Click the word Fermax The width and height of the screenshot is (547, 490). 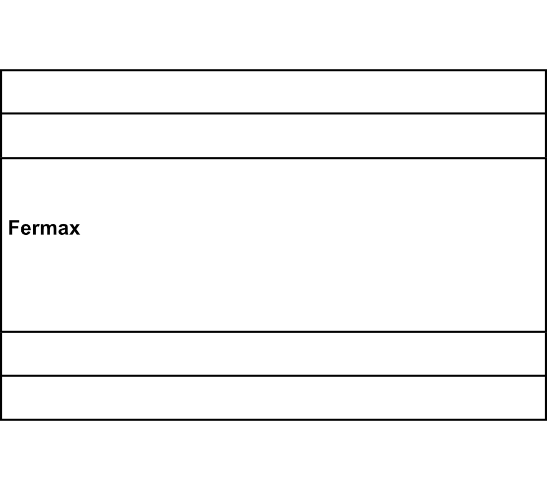point(44,228)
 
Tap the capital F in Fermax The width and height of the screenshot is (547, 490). point(13,228)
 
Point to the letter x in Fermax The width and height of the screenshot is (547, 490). point(74,230)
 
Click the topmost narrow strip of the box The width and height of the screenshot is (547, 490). point(274,92)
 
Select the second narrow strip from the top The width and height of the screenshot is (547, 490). point(274,136)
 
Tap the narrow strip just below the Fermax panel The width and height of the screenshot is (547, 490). point(274,354)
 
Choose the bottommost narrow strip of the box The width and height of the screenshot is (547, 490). point(274,398)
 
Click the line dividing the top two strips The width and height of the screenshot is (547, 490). point(274,113)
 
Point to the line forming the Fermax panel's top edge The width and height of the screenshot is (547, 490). point(274,158)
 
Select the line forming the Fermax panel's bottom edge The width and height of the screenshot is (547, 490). point(274,332)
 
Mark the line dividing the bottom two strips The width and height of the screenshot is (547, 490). point(274,376)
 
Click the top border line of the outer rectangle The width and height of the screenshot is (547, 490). point(274,70)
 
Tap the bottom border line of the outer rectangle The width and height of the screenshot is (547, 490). point(274,420)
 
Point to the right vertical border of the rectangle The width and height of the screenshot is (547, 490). point(546,245)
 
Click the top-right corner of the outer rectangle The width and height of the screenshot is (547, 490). point(546,70)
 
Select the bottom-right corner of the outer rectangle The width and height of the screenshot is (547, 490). point(546,420)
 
